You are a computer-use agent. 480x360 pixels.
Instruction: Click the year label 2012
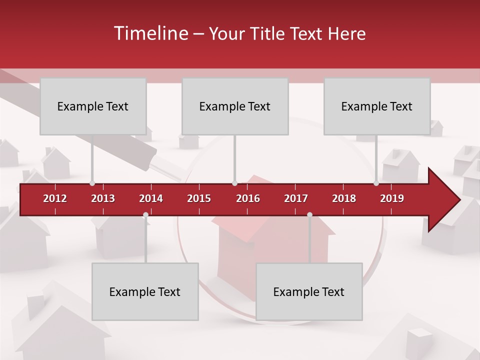(55, 198)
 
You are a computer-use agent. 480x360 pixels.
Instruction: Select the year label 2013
(103, 198)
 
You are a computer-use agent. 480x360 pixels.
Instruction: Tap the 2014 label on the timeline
(151, 198)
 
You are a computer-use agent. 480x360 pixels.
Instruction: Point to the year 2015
(199, 198)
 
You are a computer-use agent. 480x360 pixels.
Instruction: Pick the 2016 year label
(248, 198)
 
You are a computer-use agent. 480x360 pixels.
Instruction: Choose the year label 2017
(296, 198)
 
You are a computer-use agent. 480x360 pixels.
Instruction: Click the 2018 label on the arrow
(344, 198)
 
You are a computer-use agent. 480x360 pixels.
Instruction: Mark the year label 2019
(392, 198)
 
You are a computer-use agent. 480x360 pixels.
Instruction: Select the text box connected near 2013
(93, 106)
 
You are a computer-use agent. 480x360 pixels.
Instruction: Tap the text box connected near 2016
(235, 106)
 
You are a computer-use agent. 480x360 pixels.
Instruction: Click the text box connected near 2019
(377, 106)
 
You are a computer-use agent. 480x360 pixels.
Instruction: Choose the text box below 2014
(145, 292)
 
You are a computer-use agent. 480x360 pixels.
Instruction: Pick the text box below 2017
(309, 292)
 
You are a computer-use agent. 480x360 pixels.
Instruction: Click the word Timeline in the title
(150, 33)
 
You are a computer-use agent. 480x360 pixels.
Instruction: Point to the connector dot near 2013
(92, 183)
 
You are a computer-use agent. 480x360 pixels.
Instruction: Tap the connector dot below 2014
(145, 215)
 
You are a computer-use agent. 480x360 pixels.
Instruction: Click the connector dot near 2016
(234, 183)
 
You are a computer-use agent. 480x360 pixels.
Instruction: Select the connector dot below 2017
(309, 215)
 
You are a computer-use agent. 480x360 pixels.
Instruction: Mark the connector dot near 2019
(376, 183)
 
